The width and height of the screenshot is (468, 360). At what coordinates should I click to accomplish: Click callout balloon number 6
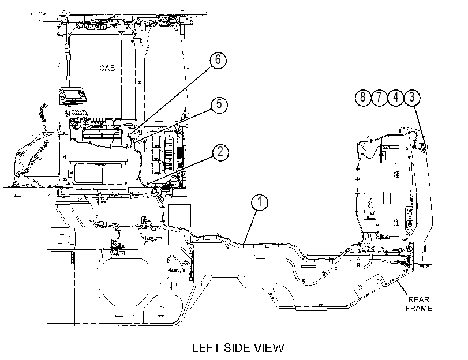[218, 61]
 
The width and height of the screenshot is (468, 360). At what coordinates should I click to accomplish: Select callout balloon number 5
[219, 105]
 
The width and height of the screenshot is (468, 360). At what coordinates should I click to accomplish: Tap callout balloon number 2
[220, 152]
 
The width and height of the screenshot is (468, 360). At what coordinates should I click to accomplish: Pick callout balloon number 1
[259, 202]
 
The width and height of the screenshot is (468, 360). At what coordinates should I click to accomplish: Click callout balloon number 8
[363, 97]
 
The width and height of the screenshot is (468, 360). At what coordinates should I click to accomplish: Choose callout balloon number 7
[379, 97]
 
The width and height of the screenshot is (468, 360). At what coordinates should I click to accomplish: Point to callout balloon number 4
[395, 97]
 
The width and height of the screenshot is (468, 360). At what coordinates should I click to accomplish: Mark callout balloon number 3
[412, 97]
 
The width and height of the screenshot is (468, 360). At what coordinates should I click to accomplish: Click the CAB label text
[107, 68]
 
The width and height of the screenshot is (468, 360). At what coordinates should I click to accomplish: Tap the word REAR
[419, 299]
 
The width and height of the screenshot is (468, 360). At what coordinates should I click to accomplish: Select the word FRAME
[419, 308]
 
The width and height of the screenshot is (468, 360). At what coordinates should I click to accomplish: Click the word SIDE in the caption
[237, 348]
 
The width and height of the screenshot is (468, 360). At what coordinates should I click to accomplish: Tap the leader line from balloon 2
[178, 170]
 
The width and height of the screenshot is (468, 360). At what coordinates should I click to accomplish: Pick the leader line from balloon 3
[420, 125]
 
